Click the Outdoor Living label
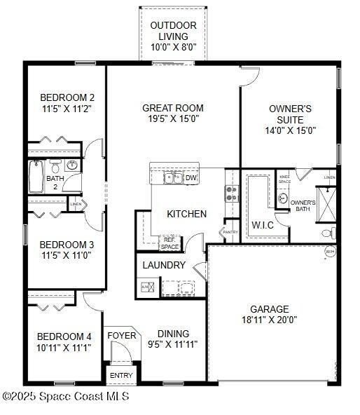tap(173, 32)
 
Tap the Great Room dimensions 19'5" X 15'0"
tap(172, 119)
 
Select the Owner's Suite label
tap(290, 114)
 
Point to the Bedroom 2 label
tap(67, 97)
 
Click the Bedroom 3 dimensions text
tap(67, 256)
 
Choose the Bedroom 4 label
tap(64, 336)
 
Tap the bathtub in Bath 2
tap(36, 177)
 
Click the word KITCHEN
tap(186, 214)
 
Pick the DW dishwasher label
tap(191, 178)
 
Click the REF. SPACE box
tap(169, 243)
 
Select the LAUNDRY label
tap(164, 266)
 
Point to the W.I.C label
tap(263, 225)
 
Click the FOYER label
tap(121, 336)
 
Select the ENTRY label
tap(121, 376)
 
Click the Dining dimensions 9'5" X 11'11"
tap(172, 345)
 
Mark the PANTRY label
tap(230, 232)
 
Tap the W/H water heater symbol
tap(330, 252)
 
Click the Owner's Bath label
tap(303, 205)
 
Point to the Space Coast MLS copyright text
tap(66, 397)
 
